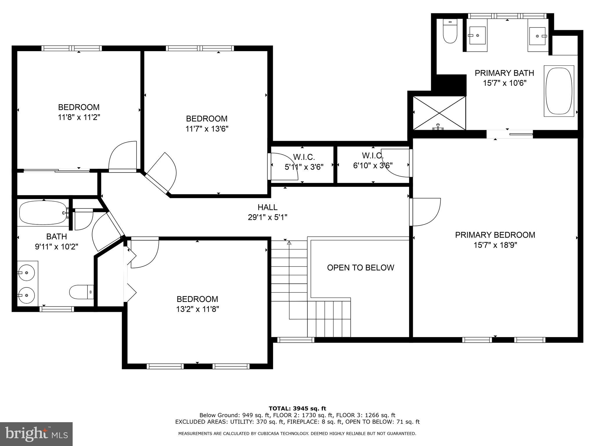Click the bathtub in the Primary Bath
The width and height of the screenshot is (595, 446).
pos(559,91)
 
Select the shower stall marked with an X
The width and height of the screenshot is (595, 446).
pos(439,113)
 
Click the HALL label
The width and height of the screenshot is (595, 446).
pos(267,207)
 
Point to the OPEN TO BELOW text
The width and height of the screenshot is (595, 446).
pos(360,267)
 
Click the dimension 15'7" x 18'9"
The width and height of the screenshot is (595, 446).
pos(495,245)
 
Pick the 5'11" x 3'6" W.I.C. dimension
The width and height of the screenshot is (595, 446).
pos(304,167)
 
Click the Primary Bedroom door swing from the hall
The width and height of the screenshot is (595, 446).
pos(426,212)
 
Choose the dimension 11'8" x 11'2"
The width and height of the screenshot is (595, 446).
pos(79,117)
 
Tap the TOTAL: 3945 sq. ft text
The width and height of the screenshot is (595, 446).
pos(297,409)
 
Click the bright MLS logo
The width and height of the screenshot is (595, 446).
pos(36,434)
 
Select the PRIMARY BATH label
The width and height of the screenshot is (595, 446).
pos(504,73)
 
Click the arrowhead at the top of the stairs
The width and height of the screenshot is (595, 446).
pos(289,243)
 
